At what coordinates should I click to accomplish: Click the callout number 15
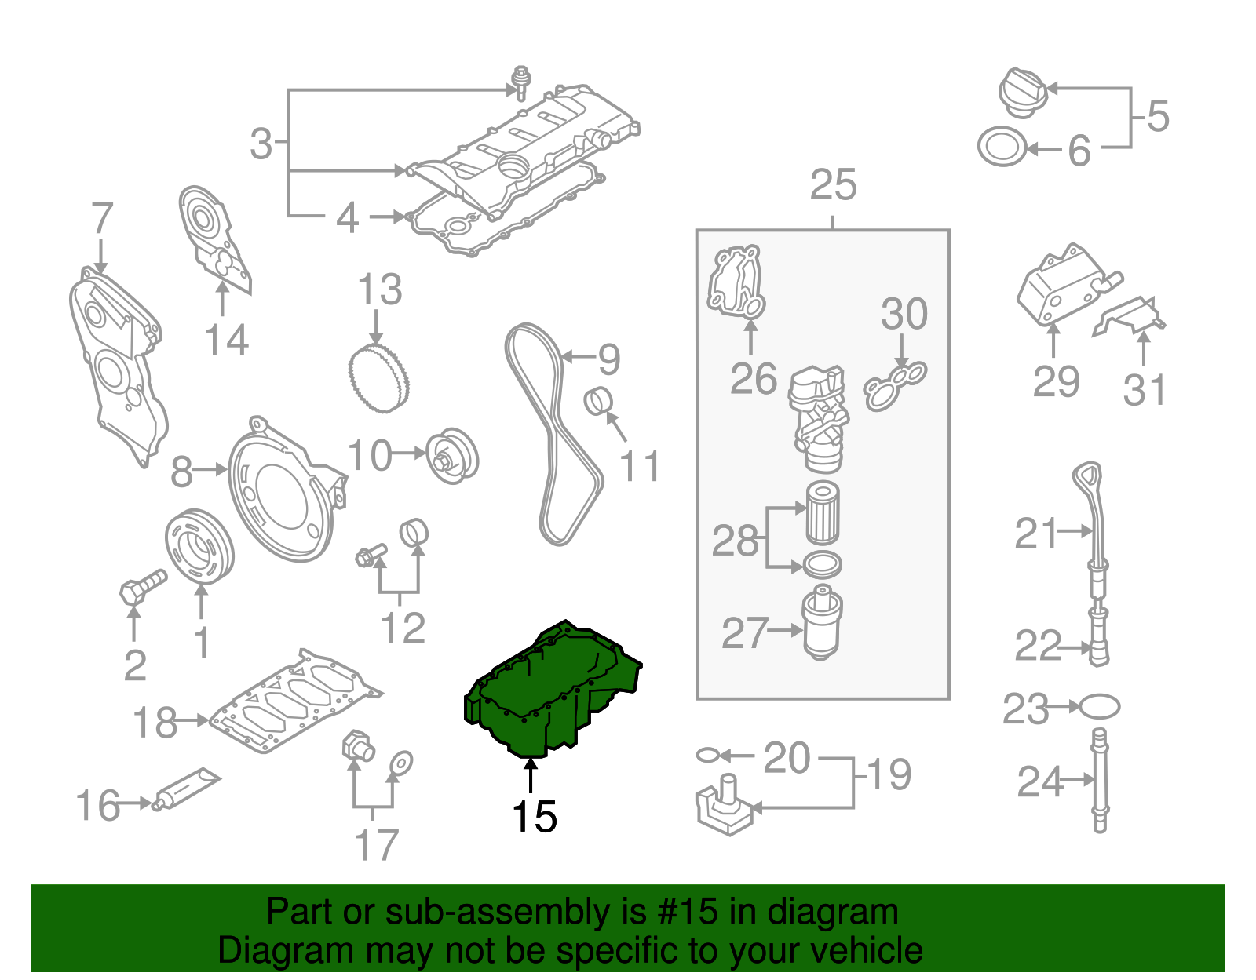534,817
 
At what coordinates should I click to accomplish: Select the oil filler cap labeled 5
1023,93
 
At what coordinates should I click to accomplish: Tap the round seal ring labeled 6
1002,147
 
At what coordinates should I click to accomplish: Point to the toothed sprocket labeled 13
378,379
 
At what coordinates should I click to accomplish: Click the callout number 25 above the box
832,185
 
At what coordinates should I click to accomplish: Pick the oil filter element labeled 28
823,512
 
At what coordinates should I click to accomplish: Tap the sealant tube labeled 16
187,789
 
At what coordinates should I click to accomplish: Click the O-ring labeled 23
1099,706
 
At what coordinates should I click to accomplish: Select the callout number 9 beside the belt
609,359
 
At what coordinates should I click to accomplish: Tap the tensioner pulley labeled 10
452,455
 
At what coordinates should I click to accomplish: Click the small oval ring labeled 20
706,755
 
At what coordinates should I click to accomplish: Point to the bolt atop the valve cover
520,82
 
